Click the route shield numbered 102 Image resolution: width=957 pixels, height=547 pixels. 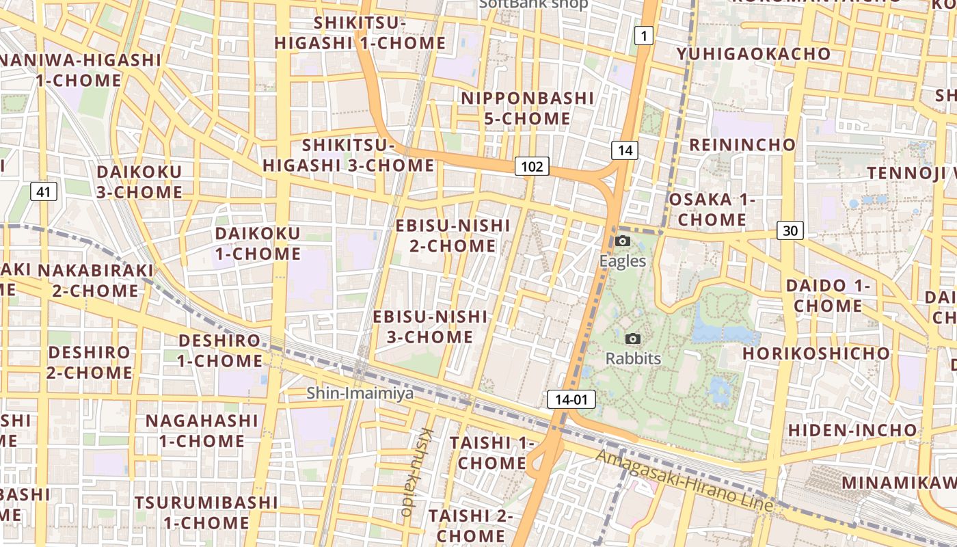click(532, 166)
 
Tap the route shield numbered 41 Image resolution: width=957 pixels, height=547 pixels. click(43, 192)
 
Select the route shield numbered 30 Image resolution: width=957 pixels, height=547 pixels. click(790, 230)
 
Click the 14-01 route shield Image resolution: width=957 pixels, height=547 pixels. click(571, 400)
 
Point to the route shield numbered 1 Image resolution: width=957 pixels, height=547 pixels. click(643, 36)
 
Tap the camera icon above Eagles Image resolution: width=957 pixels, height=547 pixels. click(622, 241)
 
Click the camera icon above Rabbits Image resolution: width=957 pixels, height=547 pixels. click(633, 338)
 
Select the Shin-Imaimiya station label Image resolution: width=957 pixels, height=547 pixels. click(351, 393)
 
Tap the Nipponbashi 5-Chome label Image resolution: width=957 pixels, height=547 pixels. click(527, 108)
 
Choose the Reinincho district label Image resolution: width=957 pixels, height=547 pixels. click(742, 145)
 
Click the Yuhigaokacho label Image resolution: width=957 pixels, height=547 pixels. click(753, 54)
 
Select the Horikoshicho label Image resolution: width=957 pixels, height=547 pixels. click(816, 353)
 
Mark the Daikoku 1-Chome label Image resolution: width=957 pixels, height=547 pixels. click(258, 243)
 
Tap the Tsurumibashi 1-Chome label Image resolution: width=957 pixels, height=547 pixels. click(206, 513)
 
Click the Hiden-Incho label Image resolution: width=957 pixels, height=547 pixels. click(852, 430)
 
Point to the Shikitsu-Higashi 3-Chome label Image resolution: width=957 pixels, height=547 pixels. click(349, 155)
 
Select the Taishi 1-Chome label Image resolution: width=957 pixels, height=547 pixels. click(491, 453)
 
